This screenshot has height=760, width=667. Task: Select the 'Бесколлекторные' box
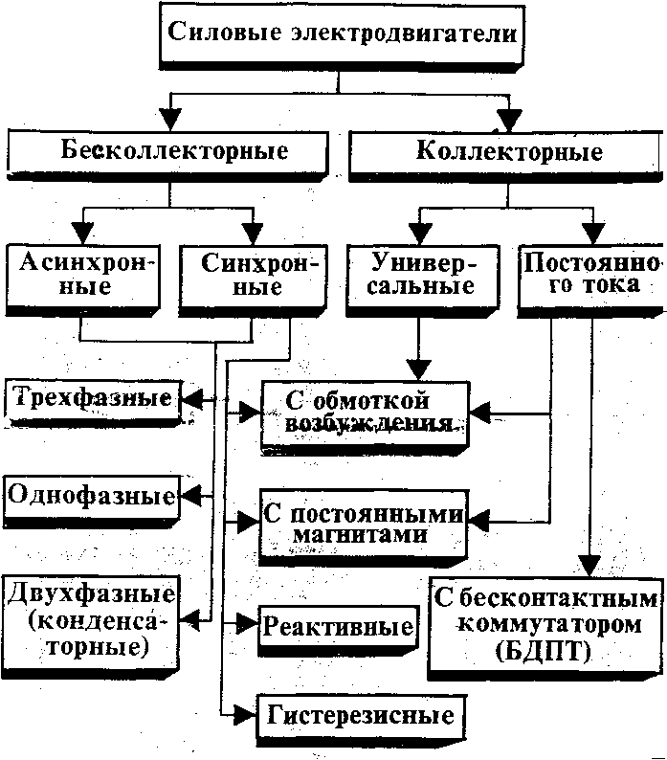[173, 150]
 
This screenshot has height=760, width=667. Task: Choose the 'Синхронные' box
[253, 275]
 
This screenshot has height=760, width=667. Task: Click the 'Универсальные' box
[424, 274]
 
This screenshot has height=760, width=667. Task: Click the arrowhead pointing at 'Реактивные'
[247, 625]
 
